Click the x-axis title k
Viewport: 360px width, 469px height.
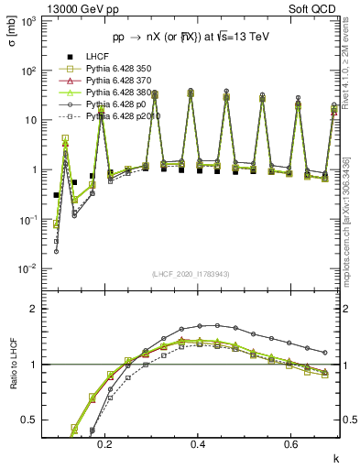(335, 457)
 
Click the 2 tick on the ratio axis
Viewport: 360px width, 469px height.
(38, 309)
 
